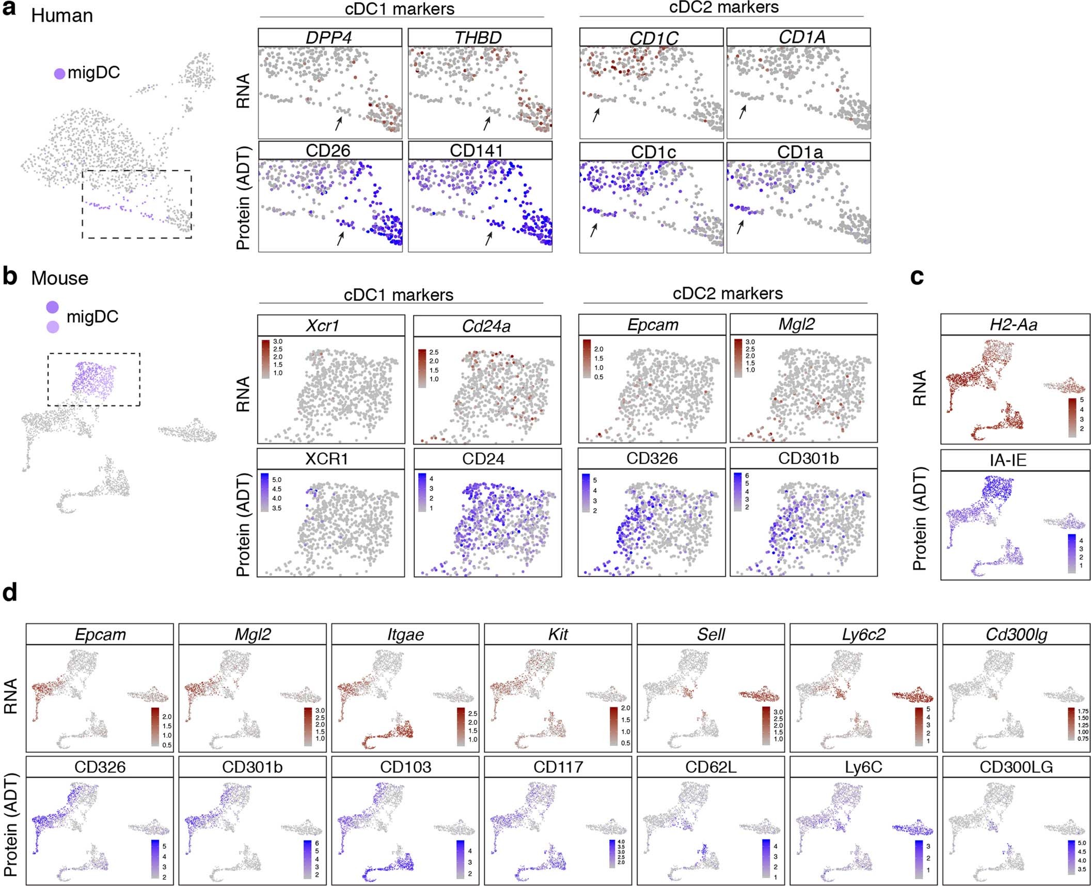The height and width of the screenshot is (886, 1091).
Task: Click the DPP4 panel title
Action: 329,38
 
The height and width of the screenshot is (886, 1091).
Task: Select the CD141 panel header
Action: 480,150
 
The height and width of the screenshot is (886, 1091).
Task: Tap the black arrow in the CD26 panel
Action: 340,239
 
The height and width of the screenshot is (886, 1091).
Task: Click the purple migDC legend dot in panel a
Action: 60,73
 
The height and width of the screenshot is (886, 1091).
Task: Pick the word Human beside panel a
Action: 62,16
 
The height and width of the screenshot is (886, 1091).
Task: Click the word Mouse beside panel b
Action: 59,278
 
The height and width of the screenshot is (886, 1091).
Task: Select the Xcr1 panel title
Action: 323,325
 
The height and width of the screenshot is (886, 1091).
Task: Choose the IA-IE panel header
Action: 1008,460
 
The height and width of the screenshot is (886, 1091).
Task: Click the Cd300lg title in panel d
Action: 1016,634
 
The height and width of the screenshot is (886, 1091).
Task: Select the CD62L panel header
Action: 710,767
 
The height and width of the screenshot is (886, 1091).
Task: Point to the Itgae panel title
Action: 405,634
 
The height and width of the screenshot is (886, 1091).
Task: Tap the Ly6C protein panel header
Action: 863,767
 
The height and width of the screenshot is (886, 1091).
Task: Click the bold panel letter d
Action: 10,593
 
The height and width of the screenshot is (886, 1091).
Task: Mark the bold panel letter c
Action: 917,277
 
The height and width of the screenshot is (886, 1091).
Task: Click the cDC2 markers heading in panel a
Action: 724,7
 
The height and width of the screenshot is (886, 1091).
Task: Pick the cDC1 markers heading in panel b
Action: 399,295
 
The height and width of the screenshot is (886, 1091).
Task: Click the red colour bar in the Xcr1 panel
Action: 265,358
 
